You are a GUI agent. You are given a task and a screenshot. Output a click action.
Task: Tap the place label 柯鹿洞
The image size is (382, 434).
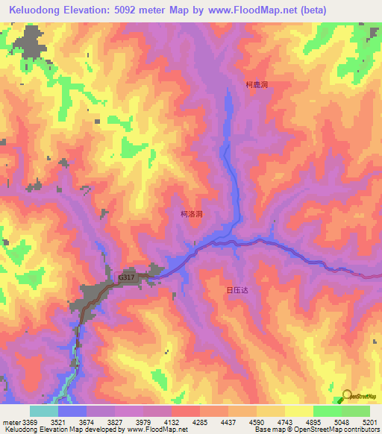coord(257,85)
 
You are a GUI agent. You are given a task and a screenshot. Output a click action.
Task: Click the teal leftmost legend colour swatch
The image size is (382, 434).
coord(44,411)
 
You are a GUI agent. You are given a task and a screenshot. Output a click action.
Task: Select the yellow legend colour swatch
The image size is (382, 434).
coord(299,411)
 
